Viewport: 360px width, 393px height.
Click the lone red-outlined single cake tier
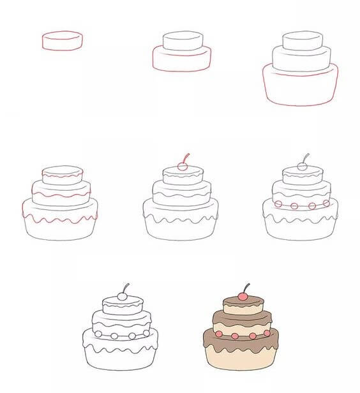62,40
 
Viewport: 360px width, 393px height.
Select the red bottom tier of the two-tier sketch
182,59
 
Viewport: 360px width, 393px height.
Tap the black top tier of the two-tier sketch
183,40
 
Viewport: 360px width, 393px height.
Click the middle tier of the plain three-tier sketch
301,59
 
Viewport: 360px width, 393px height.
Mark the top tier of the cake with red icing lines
62,174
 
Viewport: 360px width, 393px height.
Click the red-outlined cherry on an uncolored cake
183,167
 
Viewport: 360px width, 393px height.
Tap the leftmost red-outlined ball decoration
278,204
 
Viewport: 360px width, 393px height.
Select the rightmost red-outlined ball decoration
326,203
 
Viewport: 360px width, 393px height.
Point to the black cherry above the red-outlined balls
303,167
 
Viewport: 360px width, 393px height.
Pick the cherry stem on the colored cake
246,286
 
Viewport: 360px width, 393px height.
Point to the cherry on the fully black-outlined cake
122,296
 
